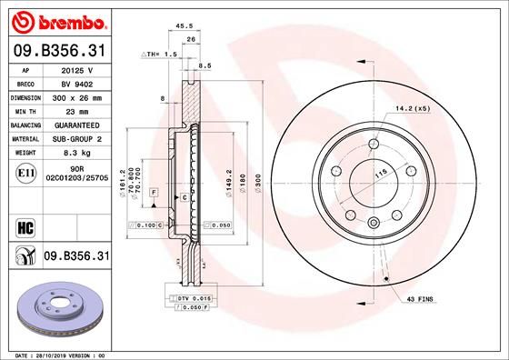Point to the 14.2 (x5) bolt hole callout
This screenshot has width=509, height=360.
(413, 110)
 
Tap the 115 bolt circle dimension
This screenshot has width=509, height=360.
(369, 174)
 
